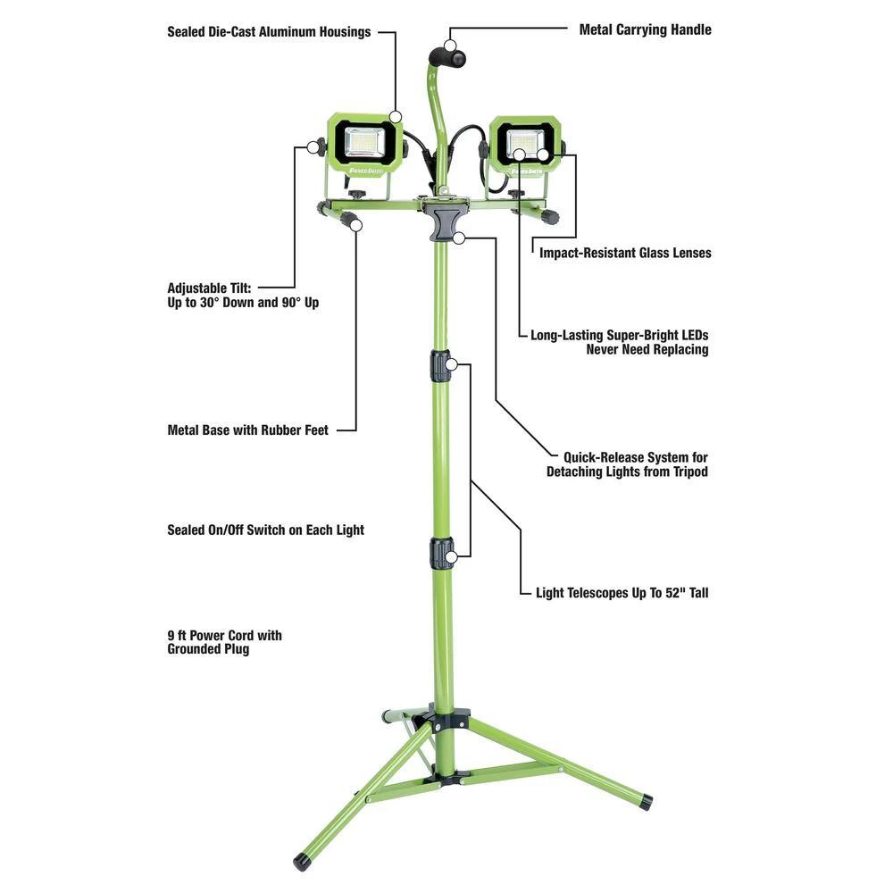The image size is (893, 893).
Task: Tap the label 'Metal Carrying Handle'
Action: [x=645, y=29]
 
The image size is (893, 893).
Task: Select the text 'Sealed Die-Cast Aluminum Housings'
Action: [x=269, y=32]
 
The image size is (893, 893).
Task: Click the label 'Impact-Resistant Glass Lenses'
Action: [x=625, y=253]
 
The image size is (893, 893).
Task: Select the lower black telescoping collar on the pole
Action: [x=440, y=554]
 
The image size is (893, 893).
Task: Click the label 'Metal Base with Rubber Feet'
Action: [x=247, y=430]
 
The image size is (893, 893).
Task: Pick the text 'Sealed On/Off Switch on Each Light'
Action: [x=265, y=530]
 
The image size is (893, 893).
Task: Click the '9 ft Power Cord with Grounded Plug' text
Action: [x=224, y=642]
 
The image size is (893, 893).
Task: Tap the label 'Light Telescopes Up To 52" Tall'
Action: [x=622, y=593]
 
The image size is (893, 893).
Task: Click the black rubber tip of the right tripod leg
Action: [x=645, y=802]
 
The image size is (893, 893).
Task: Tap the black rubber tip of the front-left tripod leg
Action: [x=302, y=862]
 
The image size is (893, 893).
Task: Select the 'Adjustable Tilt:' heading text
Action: [x=209, y=288]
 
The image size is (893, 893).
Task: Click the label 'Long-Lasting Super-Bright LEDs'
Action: [x=619, y=336]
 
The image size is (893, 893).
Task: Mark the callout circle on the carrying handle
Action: [x=450, y=46]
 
